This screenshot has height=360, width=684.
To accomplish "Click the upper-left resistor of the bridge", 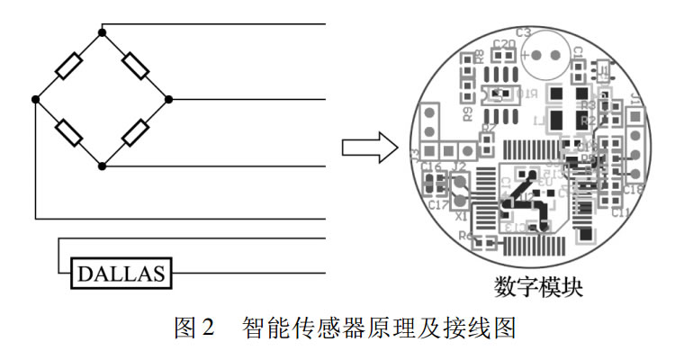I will pyautogui.click(x=68, y=67).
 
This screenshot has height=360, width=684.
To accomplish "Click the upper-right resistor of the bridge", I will pyautogui.click(x=136, y=67).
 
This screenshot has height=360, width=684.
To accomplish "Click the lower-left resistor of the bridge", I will pyautogui.click(x=68, y=133).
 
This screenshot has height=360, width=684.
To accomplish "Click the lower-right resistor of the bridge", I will pyautogui.click(x=136, y=133).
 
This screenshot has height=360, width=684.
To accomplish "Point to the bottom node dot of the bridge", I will pyautogui.click(x=102, y=166).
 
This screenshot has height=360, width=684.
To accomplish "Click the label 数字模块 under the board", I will pyautogui.click(x=538, y=287).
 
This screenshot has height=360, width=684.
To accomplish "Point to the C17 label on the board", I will pyautogui.click(x=438, y=205).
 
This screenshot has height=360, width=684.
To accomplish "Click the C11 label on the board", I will pyautogui.click(x=620, y=213).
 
